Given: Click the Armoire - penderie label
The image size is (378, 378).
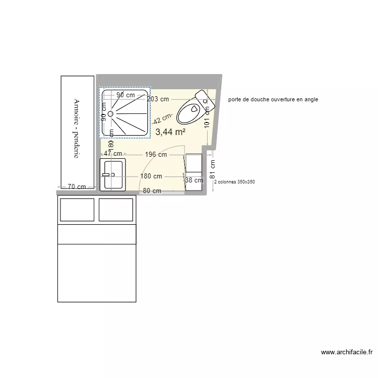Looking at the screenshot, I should point(77,129).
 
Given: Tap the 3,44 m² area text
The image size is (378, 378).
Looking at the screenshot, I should point(170,132).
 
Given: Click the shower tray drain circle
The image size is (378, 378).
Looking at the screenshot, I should point(110,114).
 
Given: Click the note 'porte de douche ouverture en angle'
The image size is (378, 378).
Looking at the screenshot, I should point(273,100).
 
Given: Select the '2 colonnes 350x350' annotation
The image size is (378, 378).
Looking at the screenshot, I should point(234,182).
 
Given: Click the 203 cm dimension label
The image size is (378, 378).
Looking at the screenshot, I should point(158,99).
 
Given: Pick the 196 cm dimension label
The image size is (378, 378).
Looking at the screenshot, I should point(156,155).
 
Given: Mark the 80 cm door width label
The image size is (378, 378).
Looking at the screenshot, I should point(152,191).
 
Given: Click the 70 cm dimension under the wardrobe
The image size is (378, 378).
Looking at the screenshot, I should point(77,187).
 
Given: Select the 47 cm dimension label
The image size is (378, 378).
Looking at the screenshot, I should point(113,154).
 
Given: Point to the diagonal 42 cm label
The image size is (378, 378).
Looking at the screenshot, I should point(162,119).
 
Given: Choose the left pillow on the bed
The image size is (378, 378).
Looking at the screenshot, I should point(77,210).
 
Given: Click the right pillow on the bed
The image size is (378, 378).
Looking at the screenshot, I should point(116,210).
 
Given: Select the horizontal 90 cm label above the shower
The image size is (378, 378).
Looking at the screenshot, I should point(125,95).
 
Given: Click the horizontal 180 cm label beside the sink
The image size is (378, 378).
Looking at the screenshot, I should point(151,176).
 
